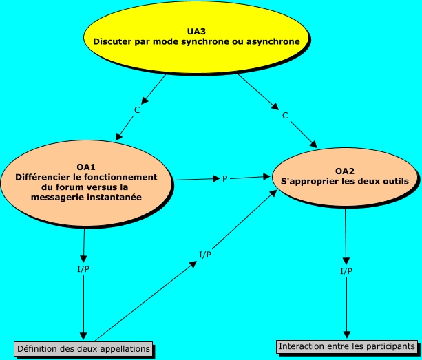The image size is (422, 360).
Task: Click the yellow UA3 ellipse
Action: click(196, 38)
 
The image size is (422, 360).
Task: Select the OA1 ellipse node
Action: click(86, 183)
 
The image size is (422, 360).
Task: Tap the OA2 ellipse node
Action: click(345, 177)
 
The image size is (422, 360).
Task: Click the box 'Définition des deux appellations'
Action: click(83, 349)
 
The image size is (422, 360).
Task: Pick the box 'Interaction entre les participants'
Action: click(347, 346)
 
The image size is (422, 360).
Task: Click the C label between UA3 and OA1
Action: click(137, 109)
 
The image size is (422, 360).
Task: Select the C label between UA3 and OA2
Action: click(285, 116)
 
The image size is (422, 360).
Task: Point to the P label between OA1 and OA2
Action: click(225, 178)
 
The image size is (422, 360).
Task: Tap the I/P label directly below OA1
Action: click(83, 268)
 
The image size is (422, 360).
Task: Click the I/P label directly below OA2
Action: click(346, 271)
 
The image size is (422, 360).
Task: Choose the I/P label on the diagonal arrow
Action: click(205, 254)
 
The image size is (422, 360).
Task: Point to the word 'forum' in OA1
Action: click(68, 187)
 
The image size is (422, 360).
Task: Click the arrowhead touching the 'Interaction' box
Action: click(347, 335)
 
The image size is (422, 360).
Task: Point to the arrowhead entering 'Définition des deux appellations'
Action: click(83, 336)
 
